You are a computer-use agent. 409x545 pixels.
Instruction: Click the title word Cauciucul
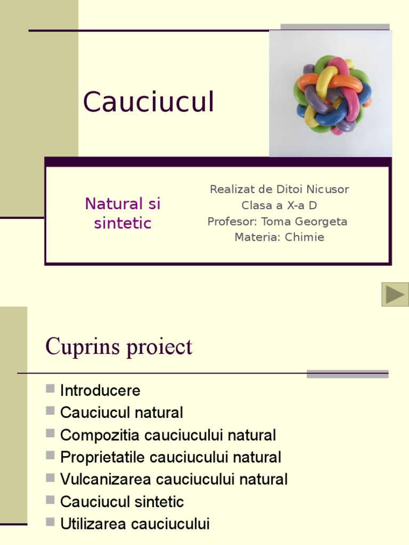coord(149,102)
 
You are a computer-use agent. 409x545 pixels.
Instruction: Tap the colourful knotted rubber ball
coord(332,95)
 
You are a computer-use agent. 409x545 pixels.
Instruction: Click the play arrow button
coord(395,294)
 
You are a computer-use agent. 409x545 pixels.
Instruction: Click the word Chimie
coord(304,237)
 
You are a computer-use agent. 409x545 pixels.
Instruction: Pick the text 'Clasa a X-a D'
coord(279,205)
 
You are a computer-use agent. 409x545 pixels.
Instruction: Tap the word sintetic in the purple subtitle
coord(123,223)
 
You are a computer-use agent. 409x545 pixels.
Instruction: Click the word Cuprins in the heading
coord(83,347)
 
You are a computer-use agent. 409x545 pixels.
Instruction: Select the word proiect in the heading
coord(159,347)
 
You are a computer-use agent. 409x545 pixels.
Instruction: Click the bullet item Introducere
coord(100,390)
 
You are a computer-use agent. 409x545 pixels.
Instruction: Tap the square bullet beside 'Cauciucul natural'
coord(50,410)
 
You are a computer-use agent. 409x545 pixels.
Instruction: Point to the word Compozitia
coord(100,435)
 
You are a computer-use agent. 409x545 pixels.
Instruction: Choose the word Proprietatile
coord(102,457)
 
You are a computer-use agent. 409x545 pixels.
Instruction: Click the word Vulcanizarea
coord(105,480)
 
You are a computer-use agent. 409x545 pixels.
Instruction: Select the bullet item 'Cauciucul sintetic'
coord(122,502)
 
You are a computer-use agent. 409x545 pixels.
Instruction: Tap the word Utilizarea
coord(93,524)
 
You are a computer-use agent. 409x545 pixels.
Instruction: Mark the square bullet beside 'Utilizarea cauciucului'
coord(50,522)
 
